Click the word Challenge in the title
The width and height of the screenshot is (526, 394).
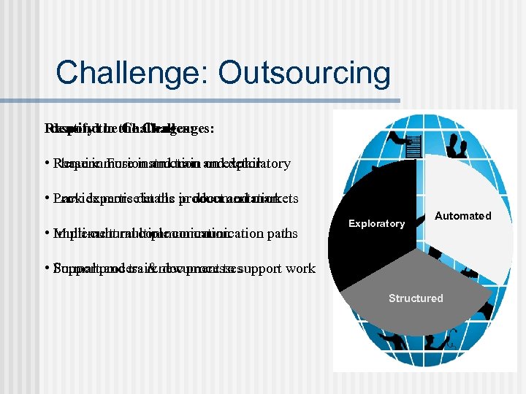129,73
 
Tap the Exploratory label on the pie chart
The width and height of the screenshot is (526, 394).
376,224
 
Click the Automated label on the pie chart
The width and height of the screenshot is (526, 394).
462,216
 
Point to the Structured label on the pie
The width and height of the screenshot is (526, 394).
416,298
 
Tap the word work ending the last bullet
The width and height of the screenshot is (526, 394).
300,269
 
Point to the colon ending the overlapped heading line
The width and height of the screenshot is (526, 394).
212,128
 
